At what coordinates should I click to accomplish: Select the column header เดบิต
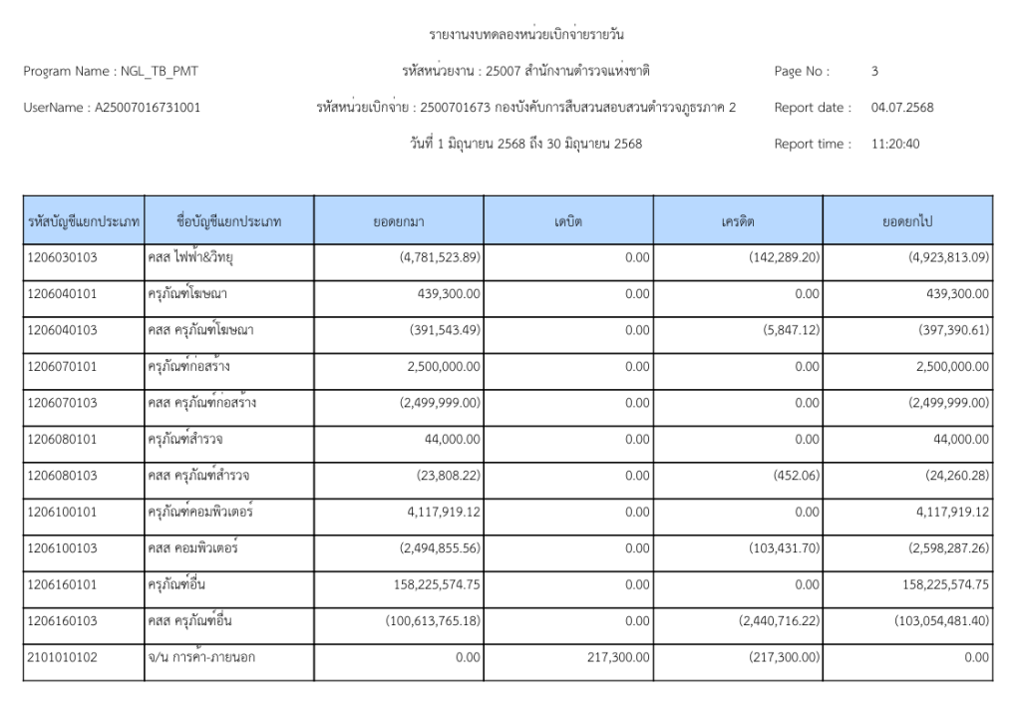(568, 221)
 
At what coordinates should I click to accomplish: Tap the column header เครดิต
(738, 221)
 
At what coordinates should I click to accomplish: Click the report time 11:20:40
(895, 144)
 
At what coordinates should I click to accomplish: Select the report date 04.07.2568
(902, 108)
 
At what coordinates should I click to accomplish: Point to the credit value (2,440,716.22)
(779, 621)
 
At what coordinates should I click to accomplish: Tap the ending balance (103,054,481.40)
(942, 621)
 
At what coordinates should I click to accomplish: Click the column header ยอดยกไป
(907, 221)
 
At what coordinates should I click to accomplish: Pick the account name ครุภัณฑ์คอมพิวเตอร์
(200, 513)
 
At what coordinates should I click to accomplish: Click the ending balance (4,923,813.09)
(947, 258)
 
